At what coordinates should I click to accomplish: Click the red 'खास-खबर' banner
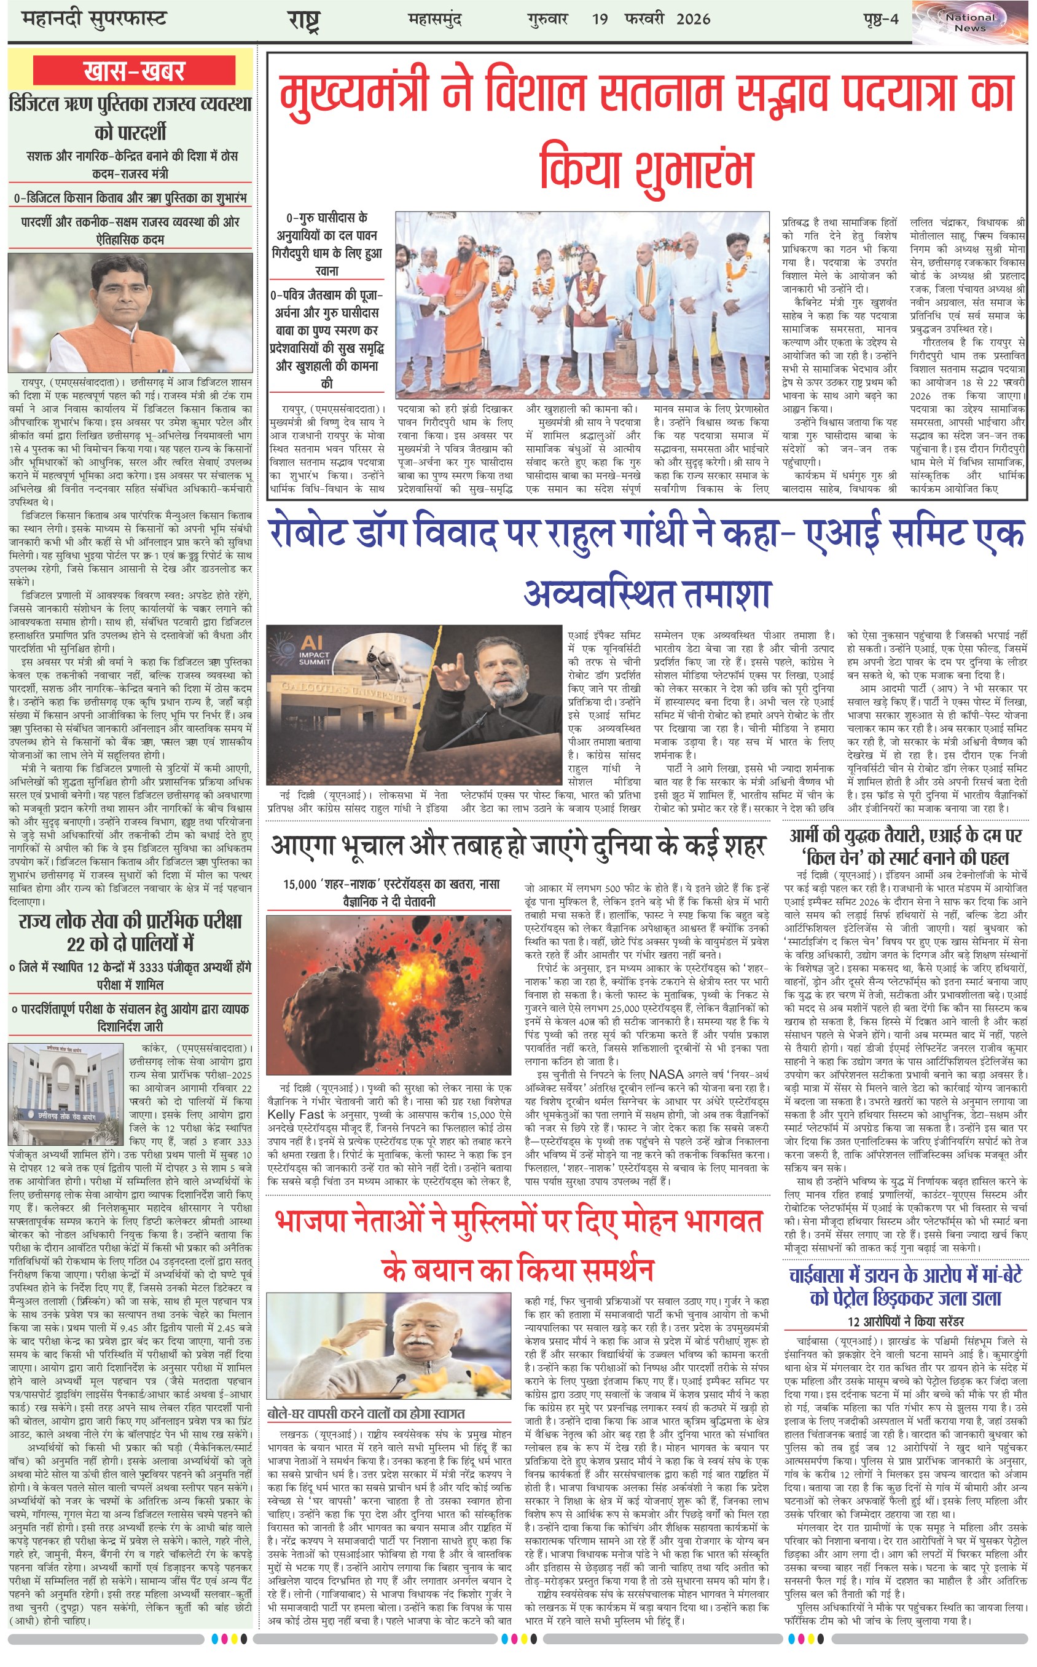[x=133, y=71]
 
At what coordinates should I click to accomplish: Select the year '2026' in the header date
[x=693, y=19]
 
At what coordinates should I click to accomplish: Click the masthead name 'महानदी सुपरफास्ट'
[x=94, y=19]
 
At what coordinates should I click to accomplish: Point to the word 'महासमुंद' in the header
[x=435, y=19]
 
